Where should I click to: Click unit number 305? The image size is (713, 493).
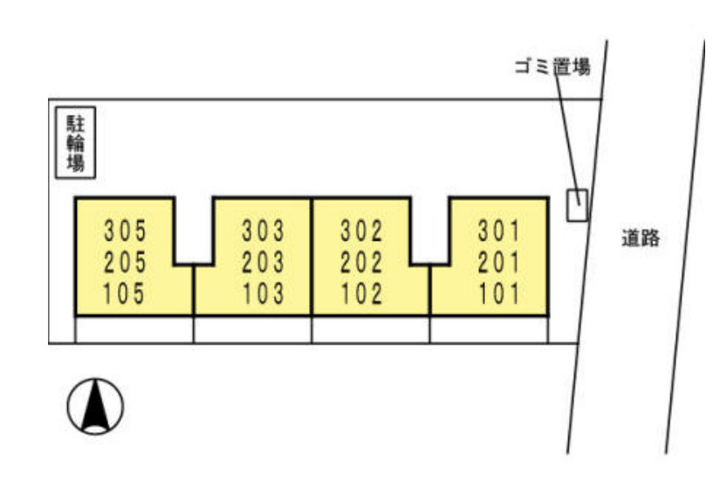(x=126, y=230)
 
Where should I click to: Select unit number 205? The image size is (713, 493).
(x=126, y=263)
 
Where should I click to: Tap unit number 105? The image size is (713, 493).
(x=124, y=293)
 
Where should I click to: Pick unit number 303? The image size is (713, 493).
(x=263, y=230)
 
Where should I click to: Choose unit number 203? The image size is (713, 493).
(x=263, y=263)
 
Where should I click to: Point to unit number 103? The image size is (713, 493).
(x=264, y=293)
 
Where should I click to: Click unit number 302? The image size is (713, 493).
(x=361, y=230)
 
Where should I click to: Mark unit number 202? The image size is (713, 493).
(x=361, y=263)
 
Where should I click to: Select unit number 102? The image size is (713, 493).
(x=362, y=293)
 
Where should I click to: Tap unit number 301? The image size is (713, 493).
(x=499, y=230)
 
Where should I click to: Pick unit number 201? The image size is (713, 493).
(x=499, y=263)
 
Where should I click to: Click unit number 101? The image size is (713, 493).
(x=500, y=293)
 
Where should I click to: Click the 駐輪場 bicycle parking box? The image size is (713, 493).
(x=75, y=142)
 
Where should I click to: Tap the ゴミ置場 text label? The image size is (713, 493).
(x=552, y=67)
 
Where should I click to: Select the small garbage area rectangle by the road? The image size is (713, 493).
(x=577, y=205)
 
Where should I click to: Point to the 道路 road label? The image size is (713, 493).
(x=641, y=238)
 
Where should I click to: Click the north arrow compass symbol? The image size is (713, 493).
(x=95, y=406)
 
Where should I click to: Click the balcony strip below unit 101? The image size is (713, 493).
(x=489, y=329)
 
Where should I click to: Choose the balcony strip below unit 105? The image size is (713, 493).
(x=134, y=329)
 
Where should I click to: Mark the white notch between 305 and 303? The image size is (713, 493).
(x=194, y=230)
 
